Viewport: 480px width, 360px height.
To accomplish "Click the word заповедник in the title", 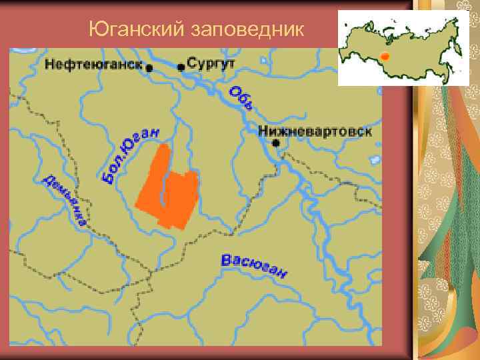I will coord(249,30).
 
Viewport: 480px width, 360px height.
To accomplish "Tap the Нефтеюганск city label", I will coord(94,65).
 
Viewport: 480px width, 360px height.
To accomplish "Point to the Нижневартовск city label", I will coord(315,131).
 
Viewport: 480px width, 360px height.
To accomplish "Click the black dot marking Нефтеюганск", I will coord(149,67).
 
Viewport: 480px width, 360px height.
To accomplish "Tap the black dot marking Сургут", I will coord(181,67).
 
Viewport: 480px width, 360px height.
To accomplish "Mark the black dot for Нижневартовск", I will coord(275,143).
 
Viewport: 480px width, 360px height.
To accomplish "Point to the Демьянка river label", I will coord(65,200).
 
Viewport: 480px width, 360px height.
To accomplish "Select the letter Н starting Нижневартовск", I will coord(262,131).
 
